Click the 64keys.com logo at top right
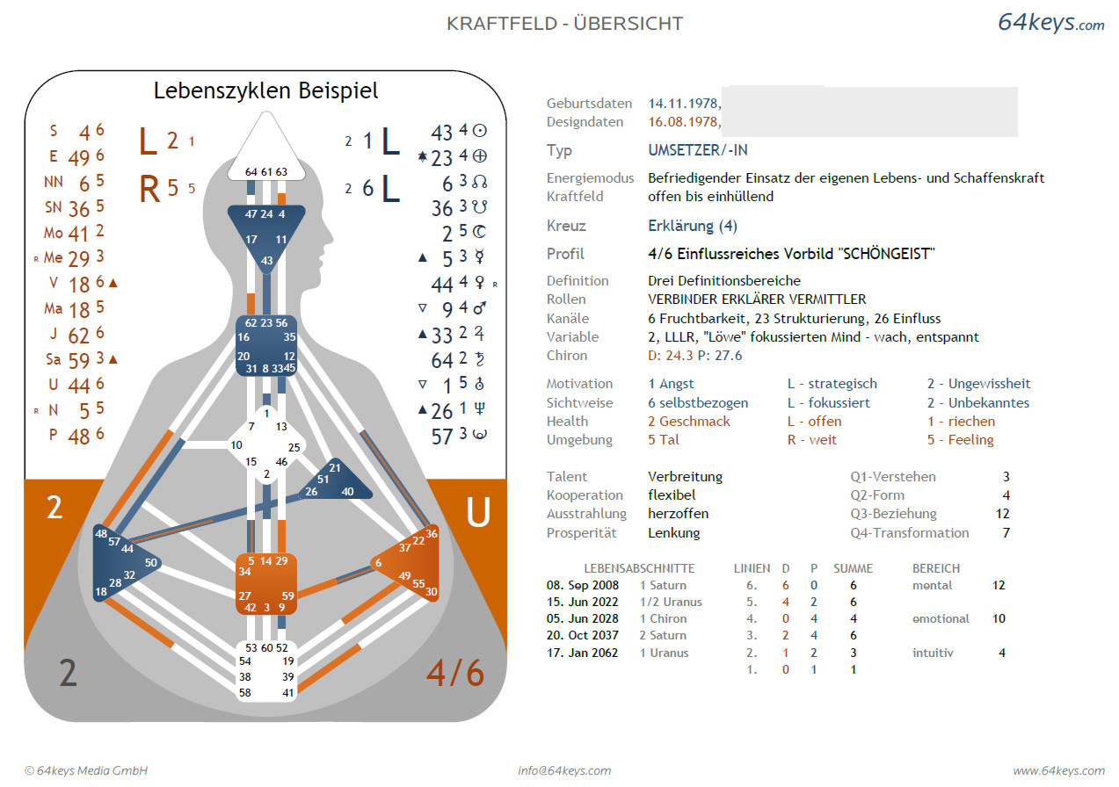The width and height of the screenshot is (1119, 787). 1050,23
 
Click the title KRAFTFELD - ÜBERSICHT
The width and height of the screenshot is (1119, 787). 564,24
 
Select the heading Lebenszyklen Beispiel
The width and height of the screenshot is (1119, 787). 265,90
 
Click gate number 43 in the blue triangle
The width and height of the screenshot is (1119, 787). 266,261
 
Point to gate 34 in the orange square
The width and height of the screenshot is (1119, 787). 245,572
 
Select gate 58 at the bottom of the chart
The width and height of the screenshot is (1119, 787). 245,692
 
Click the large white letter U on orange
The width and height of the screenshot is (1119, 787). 477,512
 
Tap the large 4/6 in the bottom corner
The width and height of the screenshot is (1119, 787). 454,673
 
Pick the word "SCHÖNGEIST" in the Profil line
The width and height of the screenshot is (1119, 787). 887,254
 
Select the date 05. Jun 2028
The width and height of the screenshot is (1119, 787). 582,618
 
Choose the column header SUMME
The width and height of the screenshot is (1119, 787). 853,568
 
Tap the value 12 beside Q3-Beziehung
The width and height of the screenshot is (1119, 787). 1003,514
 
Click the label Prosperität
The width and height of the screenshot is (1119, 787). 581,532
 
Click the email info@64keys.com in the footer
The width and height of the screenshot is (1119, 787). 564,770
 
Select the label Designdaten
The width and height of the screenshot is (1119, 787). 585,122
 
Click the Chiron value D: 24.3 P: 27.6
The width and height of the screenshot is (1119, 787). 694,356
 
